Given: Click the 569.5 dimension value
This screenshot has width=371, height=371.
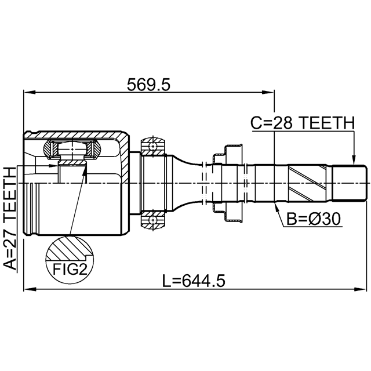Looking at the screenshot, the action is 148,85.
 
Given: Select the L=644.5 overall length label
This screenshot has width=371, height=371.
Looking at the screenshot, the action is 194,281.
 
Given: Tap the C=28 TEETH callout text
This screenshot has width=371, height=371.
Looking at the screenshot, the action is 303,123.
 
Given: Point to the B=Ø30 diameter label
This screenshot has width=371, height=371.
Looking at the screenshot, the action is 314,219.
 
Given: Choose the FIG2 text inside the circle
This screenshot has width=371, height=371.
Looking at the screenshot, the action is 70,269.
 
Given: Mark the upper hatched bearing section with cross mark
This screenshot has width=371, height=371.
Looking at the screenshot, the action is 153,146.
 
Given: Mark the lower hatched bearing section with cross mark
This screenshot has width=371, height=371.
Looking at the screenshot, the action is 153,220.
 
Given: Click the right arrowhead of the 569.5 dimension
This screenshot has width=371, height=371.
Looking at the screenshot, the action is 269,92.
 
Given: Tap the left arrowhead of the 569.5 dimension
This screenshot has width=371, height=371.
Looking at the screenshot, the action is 30,92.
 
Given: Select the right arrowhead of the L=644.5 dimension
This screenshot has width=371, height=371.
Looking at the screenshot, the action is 361,289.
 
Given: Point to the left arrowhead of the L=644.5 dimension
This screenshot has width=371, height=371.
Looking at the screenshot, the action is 30,289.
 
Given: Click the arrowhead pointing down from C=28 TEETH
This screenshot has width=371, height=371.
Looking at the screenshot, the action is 354,159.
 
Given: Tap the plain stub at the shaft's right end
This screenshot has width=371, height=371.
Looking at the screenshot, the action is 350,183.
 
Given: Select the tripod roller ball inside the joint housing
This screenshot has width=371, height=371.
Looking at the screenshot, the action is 72,149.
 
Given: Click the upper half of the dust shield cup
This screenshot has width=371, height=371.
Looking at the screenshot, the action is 228,154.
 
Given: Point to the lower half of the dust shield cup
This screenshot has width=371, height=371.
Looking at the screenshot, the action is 228,212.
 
